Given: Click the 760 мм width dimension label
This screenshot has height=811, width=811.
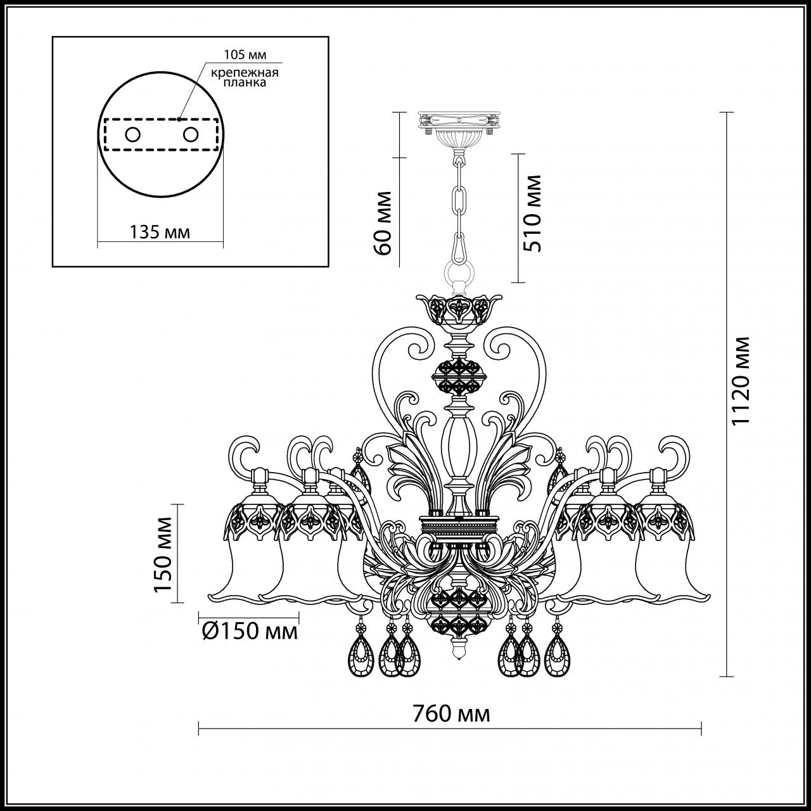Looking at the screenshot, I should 451,714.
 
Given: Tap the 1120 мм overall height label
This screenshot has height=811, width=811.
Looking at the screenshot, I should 739,381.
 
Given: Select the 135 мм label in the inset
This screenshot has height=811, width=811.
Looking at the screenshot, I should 160,232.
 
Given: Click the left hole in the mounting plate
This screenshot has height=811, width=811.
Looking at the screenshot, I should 132,134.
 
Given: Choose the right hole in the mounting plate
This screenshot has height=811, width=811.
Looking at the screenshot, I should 189,134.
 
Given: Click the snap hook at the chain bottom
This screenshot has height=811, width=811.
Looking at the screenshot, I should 459,245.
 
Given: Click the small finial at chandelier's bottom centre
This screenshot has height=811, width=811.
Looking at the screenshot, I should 458,650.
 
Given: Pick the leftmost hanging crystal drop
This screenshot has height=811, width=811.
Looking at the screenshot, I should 362,652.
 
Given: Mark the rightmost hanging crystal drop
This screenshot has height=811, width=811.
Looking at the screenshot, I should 556,652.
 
